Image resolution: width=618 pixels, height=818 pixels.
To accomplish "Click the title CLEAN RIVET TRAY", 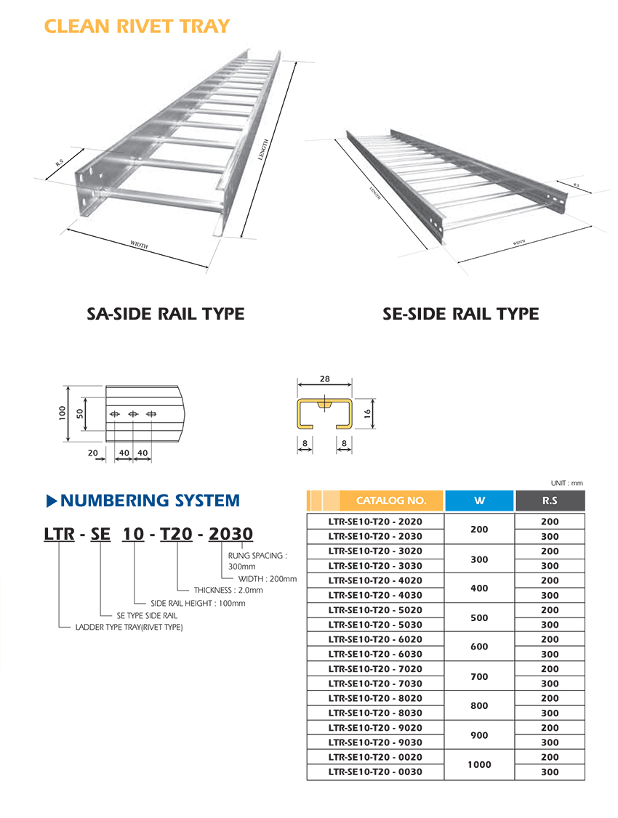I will pos(137,27).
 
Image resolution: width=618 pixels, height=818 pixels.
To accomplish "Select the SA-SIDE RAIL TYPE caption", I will pos(166,315).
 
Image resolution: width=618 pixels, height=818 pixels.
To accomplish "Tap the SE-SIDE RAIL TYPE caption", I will pos(461,315).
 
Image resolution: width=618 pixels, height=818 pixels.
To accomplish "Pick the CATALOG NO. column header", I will pos(390,501).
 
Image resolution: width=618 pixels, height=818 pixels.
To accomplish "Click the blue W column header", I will pos(479,501).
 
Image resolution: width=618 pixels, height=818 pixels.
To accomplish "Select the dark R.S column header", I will pos(550,501).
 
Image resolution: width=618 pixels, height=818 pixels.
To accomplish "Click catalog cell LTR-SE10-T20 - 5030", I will pos(375,625).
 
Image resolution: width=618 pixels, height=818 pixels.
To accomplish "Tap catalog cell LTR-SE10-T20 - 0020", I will pos(375,757).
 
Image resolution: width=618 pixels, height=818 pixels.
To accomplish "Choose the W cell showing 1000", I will pos(479,764).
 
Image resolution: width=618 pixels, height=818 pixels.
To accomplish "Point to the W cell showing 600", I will pos(479,647).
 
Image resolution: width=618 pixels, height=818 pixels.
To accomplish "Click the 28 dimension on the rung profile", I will pos(324,379).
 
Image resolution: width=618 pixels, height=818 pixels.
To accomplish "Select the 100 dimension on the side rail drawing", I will pos(63,413).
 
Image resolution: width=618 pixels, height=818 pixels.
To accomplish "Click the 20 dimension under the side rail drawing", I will pos(93,453).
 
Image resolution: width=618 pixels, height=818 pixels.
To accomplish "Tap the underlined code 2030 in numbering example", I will pos(230,535).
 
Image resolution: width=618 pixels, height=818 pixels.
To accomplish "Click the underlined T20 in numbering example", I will pos(176,535).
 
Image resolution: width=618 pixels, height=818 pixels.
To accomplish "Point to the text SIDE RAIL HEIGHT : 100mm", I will pos(198,603).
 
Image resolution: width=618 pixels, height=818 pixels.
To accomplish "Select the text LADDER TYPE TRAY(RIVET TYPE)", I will pos(129,627).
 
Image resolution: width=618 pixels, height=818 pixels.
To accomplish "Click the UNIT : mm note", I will pos(567,483).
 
